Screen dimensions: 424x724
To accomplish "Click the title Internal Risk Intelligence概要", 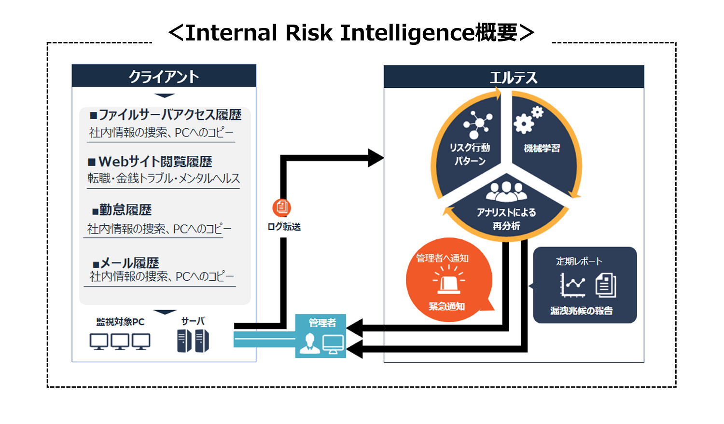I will click(x=351, y=33).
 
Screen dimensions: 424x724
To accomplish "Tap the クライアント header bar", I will click(x=164, y=76).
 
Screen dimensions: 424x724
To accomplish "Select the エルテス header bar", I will click(x=514, y=77).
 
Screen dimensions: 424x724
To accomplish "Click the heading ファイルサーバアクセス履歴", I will click(x=166, y=115).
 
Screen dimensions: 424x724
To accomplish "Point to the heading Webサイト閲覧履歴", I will click(x=150, y=162).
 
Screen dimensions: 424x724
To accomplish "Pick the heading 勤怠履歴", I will click(x=122, y=210).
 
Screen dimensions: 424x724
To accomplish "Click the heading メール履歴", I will click(x=126, y=263).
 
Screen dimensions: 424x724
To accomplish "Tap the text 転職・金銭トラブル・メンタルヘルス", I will click(x=164, y=178).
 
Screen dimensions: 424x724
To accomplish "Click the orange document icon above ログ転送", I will click(x=281, y=208).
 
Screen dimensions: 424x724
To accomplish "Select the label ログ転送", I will click(x=284, y=227).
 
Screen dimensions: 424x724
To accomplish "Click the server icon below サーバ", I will click(x=193, y=341).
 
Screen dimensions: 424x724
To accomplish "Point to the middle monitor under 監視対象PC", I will click(x=120, y=342).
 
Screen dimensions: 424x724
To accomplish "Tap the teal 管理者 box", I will click(x=321, y=336).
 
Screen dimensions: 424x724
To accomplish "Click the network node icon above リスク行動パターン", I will click(x=477, y=123).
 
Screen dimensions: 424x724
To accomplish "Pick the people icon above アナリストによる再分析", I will click(x=506, y=191).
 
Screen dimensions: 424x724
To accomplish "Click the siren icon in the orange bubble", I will click(x=449, y=282).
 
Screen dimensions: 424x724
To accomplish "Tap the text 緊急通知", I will click(x=446, y=306).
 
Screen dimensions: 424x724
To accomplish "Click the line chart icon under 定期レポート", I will click(x=572, y=285).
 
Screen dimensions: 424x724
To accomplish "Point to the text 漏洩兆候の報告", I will click(x=582, y=311).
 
